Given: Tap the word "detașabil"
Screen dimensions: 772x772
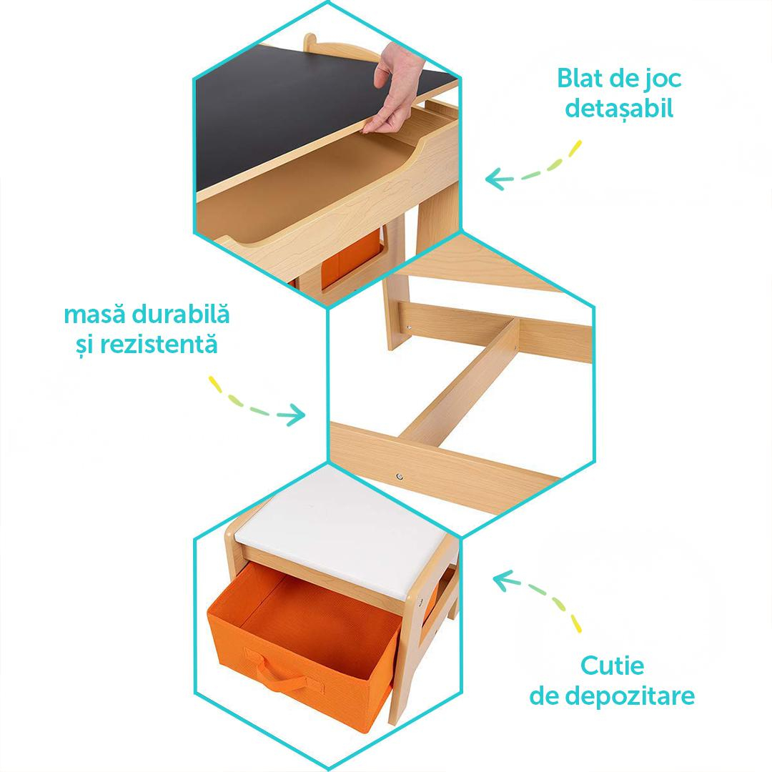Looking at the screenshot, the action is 619,109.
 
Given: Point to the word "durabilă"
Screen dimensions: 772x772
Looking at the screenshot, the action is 181,314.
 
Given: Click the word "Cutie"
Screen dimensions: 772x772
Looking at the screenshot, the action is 612,665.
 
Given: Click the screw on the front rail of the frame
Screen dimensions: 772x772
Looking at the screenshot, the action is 400,477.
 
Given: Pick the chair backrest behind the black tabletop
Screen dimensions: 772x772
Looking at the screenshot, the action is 335,45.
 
